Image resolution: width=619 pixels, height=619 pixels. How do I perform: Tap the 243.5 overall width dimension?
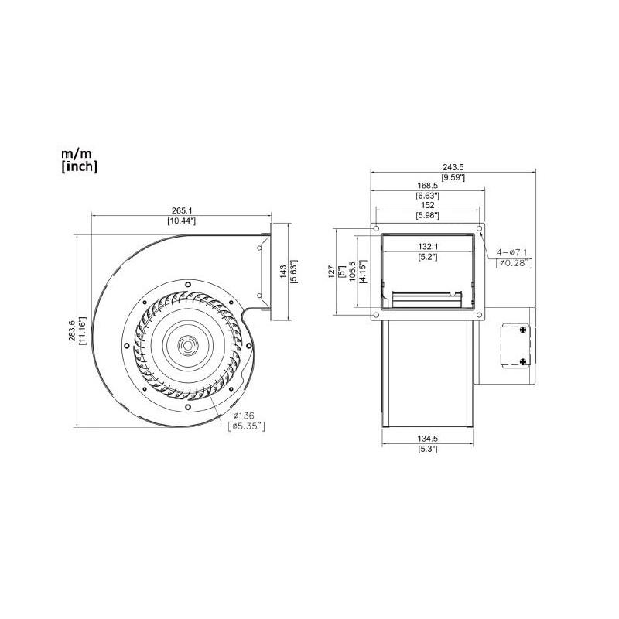point(452,166)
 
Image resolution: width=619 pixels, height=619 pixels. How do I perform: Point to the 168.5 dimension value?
point(428,185)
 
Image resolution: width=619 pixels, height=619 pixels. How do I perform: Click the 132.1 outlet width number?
point(428,245)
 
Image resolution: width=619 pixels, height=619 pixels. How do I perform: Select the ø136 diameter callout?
point(245,415)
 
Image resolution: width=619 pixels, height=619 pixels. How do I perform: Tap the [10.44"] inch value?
point(181,221)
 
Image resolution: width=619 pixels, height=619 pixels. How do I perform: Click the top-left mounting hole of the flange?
point(375,230)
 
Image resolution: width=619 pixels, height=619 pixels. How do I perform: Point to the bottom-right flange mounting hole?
point(480,315)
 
